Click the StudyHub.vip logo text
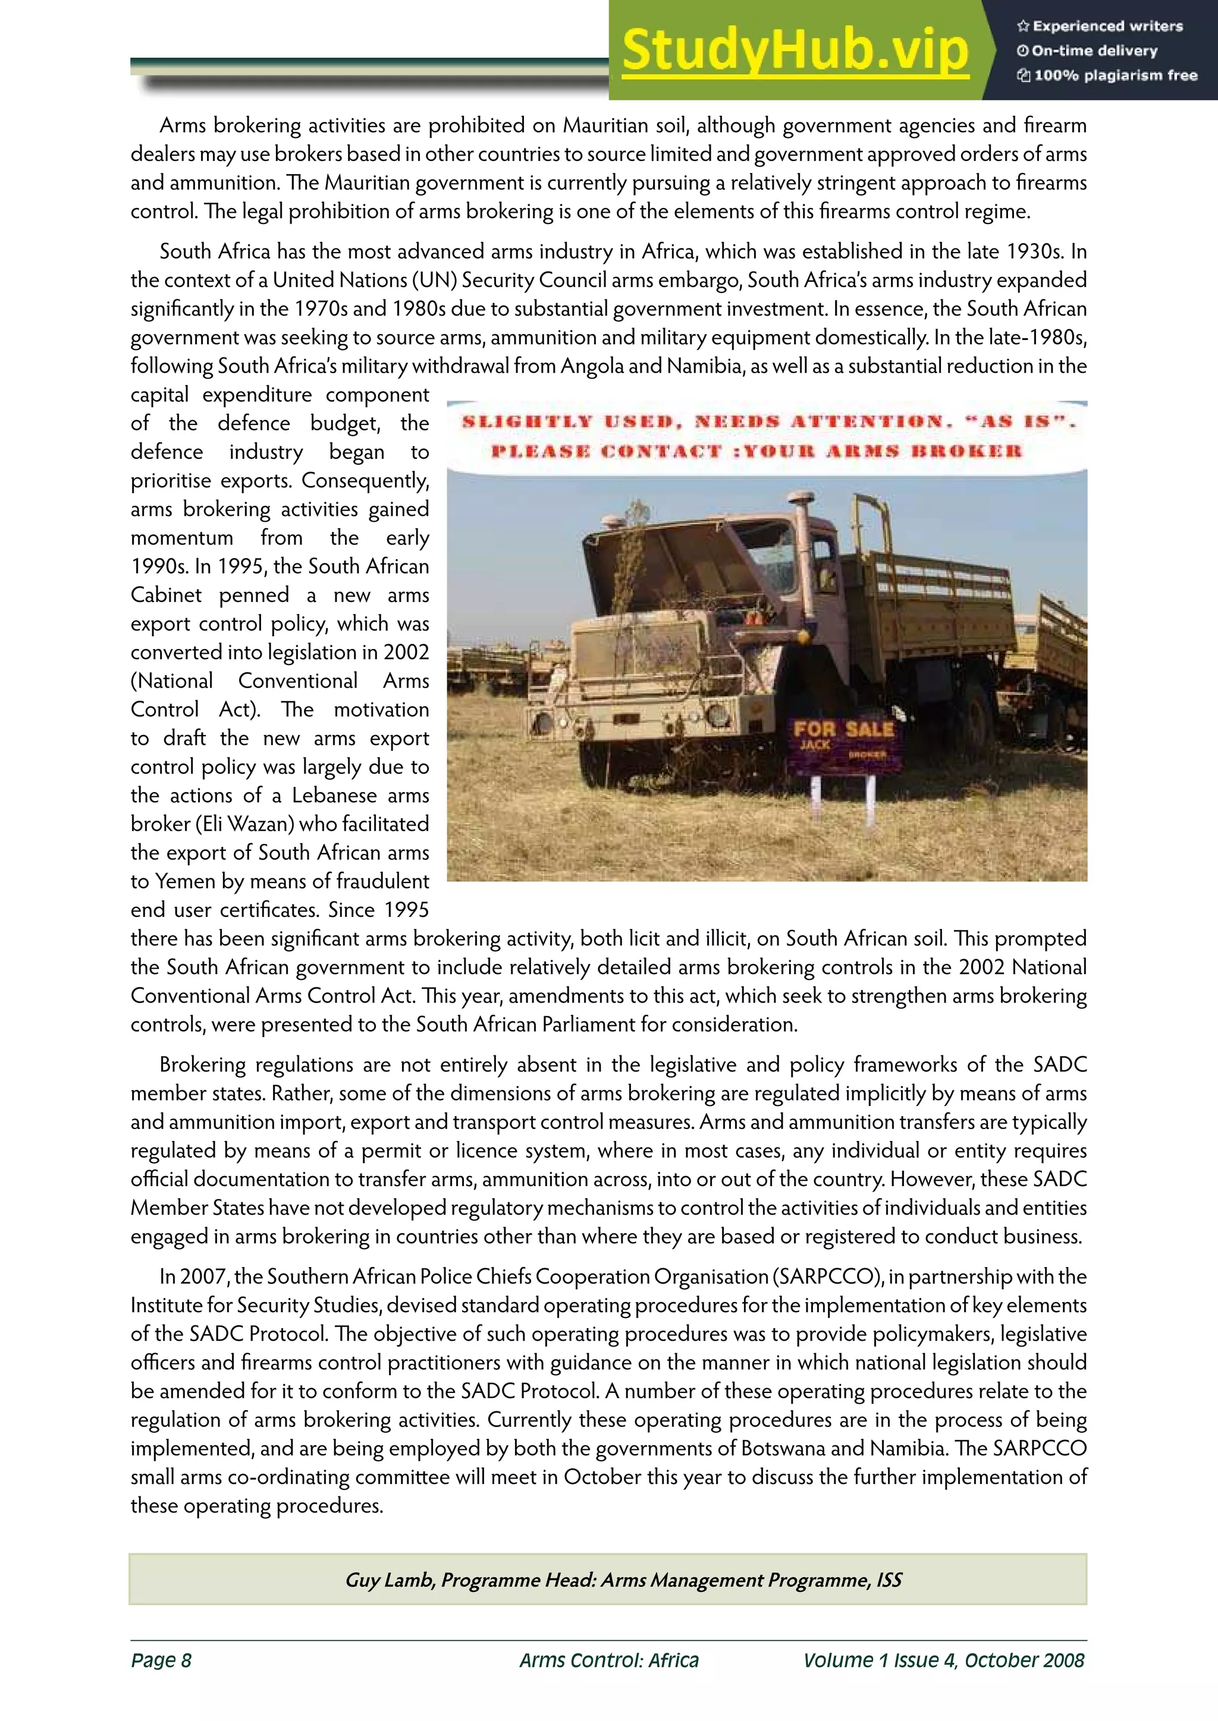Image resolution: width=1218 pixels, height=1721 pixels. click(x=795, y=51)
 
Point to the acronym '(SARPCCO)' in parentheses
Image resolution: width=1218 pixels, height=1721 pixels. click(x=827, y=1277)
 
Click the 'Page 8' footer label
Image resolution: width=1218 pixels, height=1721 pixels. click(x=161, y=1660)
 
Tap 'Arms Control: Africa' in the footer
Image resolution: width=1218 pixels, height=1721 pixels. click(x=609, y=1660)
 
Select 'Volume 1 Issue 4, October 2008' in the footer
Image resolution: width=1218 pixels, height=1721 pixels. click(x=943, y=1660)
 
